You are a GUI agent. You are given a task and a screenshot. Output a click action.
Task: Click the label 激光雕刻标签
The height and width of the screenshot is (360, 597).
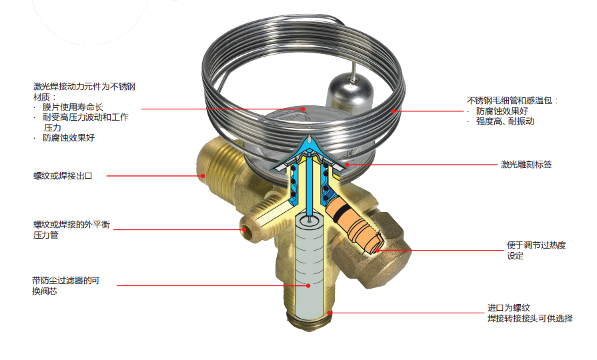[526, 165]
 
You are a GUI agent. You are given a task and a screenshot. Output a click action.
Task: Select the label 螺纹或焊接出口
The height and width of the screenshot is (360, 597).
[63, 176]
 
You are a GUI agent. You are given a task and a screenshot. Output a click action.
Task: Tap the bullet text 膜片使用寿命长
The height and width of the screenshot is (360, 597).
[73, 107]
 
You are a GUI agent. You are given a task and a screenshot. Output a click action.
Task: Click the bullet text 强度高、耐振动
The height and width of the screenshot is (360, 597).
[505, 121]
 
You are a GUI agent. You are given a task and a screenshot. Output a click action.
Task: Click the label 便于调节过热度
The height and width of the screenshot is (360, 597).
[536, 245]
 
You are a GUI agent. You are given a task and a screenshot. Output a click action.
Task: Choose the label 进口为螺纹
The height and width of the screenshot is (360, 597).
[509, 307]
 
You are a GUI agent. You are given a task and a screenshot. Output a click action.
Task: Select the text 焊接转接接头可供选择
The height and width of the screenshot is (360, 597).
[530, 318]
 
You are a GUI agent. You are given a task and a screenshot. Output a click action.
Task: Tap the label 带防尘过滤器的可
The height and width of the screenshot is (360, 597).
[66, 281]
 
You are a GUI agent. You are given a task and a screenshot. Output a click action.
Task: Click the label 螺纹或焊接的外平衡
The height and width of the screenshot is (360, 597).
[71, 225]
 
